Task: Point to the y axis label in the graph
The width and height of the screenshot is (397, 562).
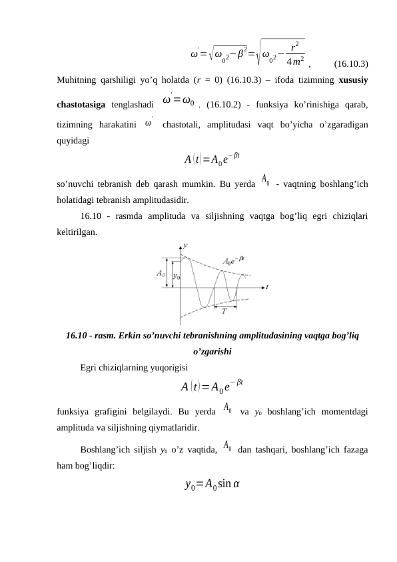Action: tap(185, 246)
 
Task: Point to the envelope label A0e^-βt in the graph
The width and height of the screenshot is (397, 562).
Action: tap(233, 262)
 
